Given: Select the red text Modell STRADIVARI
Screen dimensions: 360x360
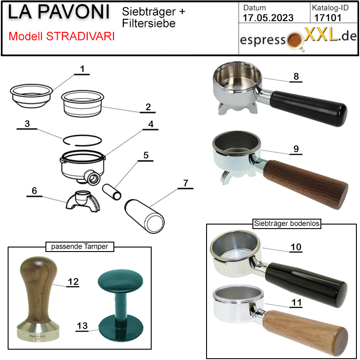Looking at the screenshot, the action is [62, 36].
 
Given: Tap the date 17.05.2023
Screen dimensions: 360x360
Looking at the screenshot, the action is [268, 18].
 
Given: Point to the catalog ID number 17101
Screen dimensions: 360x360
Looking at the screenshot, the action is [328, 18].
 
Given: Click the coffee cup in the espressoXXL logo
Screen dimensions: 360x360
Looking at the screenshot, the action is [296, 41].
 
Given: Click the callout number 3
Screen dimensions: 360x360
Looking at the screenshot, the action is [27, 124].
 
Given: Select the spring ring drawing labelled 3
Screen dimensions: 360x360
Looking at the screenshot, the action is [82, 140].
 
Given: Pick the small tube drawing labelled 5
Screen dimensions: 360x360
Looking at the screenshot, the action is [112, 192].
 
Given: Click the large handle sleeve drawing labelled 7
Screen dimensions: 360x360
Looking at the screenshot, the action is [144, 216].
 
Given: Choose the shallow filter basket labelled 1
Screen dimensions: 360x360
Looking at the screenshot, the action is [31, 95].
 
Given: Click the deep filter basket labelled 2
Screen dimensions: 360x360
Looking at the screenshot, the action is [82, 103].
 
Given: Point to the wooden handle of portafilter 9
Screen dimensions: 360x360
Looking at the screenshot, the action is [306, 184].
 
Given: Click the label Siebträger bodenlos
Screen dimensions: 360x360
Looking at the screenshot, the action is [287, 223].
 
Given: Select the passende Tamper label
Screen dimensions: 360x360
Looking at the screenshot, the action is [80, 247].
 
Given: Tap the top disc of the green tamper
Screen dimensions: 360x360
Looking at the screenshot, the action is [120, 281].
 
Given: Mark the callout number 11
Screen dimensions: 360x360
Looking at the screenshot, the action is [296, 302].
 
